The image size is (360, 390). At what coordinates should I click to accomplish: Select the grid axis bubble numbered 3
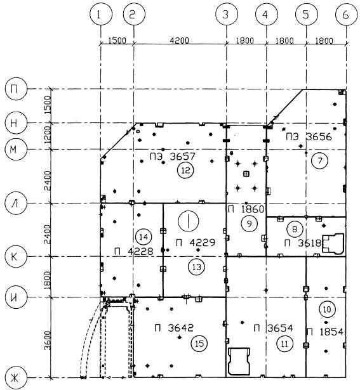coord(226,15)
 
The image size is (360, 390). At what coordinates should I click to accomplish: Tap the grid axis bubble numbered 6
coord(346,15)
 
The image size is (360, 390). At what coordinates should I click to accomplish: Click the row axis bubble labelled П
coord(15,89)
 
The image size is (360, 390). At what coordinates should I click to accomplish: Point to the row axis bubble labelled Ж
coord(15,379)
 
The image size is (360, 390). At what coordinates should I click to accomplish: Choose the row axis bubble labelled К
coord(15,256)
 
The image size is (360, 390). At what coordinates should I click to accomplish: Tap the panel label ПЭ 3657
coord(173,157)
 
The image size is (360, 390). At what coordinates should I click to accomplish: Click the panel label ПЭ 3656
coord(309,137)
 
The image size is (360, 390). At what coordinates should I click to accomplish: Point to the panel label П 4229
coord(196,242)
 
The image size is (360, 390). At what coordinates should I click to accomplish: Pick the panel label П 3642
coord(174,328)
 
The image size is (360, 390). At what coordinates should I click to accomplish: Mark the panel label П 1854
coord(325,332)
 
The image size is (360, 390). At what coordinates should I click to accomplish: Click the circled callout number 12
coord(186,171)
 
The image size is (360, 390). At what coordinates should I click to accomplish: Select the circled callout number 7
coord(319,161)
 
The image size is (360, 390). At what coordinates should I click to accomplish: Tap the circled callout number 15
coord(199,344)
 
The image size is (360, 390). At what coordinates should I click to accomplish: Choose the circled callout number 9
coord(250,224)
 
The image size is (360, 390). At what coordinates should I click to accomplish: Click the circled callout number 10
coord(327,309)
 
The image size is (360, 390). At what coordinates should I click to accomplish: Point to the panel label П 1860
coord(246,209)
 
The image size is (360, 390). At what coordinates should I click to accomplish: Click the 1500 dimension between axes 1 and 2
coord(117,41)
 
